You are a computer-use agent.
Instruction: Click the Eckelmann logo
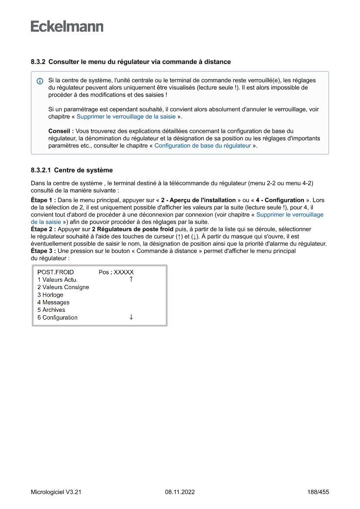click(x=67, y=27)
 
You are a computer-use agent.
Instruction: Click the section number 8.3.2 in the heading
click(x=38, y=62)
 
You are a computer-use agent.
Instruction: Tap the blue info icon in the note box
click(x=40, y=81)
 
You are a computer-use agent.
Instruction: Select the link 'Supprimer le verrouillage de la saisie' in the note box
click(x=126, y=117)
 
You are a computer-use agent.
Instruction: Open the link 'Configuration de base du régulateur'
click(x=202, y=146)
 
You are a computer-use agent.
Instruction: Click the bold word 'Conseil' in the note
click(x=59, y=131)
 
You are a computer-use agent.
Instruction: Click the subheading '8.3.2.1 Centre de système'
click(x=72, y=170)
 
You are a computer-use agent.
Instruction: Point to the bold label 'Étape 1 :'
click(x=43, y=200)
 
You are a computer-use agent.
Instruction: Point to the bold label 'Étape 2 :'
click(x=43, y=229)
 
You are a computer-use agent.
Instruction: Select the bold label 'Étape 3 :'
click(x=43, y=251)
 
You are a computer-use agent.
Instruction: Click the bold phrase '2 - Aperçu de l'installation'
click(x=198, y=200)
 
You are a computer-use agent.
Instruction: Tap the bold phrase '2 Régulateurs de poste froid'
click(x=132, y=229)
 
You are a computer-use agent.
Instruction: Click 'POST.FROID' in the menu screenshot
click(x=56, y=272)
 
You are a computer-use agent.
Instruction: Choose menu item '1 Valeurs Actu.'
click(x=57, y=280)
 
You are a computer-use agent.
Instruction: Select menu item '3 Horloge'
click(x=50, y=295)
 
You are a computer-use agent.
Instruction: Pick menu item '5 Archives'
click(x=51, y=310)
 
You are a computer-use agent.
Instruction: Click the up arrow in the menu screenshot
click(x=131, y=279)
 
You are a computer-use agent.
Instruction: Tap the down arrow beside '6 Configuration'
click(x=131, y=317)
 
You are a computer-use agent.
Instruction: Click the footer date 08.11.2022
click(x=180, y=492)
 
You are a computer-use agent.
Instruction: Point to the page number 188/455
click(x=318, y=492)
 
